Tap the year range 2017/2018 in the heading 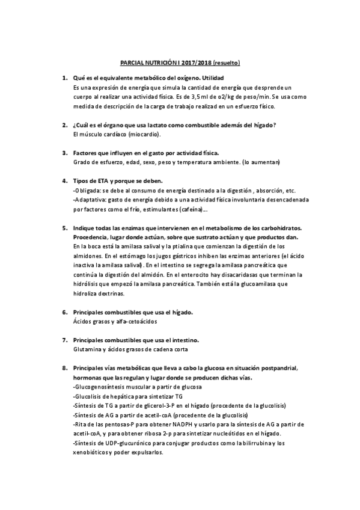pyautogui.click(x=196, y=63)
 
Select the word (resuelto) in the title pyautogui.click(x=228, y=63)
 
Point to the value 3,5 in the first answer pyautogui.click(x=201, y=96)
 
